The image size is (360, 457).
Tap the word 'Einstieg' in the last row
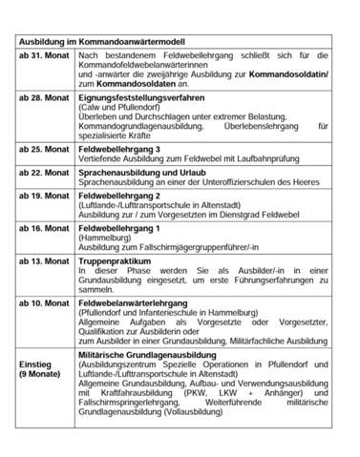click(37, 364)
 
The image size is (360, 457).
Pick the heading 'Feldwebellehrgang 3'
click(119, 149)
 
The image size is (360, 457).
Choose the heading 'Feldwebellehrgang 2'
click(119, 196)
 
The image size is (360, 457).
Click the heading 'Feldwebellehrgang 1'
click(119, 229)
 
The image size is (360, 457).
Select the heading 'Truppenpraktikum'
click(114, 260)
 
